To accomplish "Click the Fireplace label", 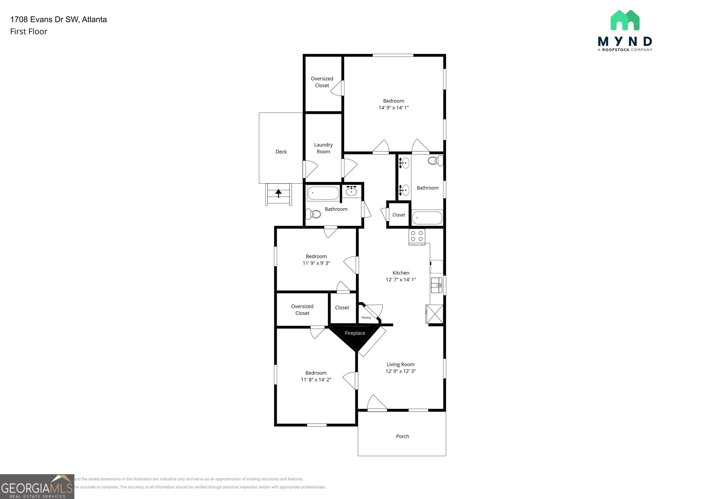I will [355, 333].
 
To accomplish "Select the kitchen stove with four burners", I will [417, 236].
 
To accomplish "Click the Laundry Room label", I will [323, 148].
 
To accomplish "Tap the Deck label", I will [281, 152].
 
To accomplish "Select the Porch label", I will [402, 436].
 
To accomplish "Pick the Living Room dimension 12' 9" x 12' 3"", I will [400, 371].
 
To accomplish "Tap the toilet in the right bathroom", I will [435, 160].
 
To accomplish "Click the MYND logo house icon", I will [625, 21].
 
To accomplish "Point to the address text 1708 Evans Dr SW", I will [58, 19].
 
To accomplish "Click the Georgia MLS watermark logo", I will [37, 487].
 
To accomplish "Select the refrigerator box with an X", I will [434, 314].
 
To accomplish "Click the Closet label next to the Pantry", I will [342, 307].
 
